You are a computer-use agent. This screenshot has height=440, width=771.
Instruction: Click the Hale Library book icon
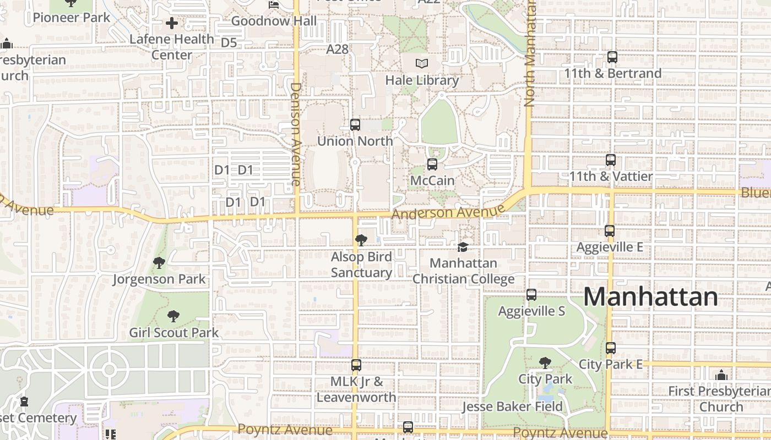422,64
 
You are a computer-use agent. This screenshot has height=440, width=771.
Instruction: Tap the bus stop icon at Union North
355,125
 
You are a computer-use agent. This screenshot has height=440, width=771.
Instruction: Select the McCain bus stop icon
432,164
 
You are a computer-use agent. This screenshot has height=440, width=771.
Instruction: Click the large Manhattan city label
650,297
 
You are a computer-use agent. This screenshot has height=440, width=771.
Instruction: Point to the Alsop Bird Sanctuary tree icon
361,240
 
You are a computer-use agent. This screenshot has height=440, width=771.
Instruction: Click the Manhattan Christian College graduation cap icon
463,248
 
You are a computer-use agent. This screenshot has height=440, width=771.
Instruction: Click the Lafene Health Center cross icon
172,23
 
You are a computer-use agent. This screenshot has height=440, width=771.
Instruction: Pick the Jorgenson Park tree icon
159,263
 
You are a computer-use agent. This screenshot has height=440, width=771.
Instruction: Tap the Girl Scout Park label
173,333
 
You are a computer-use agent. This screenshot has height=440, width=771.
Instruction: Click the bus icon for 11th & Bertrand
612,57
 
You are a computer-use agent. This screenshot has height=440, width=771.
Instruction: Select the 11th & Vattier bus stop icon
611,161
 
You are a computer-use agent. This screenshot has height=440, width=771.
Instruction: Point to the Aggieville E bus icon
610,231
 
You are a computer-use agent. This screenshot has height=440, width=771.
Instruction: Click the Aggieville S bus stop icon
531,295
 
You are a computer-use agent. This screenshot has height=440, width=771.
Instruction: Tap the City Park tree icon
545,363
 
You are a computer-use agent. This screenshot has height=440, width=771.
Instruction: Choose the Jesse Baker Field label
512,407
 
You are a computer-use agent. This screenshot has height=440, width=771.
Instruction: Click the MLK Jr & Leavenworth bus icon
356,365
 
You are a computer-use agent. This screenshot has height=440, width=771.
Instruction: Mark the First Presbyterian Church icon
721,376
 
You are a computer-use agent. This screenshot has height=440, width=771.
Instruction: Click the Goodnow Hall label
274,21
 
